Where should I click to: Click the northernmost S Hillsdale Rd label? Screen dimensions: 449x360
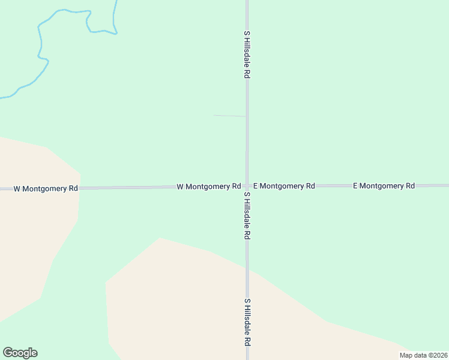click(x=246, y=55)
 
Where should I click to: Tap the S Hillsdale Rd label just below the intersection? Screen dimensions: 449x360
click(x=246, y=216)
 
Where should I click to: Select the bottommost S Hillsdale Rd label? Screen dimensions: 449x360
click(x=246, y=322)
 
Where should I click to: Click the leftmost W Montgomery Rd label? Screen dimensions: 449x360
click(x=46, y=188)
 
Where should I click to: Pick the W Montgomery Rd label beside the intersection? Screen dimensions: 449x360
click(x=209, y=187)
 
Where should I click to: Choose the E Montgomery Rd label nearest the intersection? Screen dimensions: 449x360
click(x=284, y=186)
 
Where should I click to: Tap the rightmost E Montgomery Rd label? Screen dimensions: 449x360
click(x=384, y=186)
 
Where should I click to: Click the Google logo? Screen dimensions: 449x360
click(x=20, y=353)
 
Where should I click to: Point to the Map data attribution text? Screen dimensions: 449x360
click(x=423, y=355)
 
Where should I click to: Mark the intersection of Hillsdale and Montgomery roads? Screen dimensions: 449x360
click(x=247, y=186)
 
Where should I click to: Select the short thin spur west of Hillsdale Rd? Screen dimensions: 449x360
click(x=229, y=115)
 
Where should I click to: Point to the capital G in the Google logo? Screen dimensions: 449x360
click(x=8, y=353)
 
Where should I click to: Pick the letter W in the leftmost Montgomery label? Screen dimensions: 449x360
click(x=17, y=188)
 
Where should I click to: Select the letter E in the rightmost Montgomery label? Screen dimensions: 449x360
click(x=355, y=186)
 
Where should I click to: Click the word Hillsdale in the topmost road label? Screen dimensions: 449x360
click(x=246, y=57)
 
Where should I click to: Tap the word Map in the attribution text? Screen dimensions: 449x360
click(x=406, y=355)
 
